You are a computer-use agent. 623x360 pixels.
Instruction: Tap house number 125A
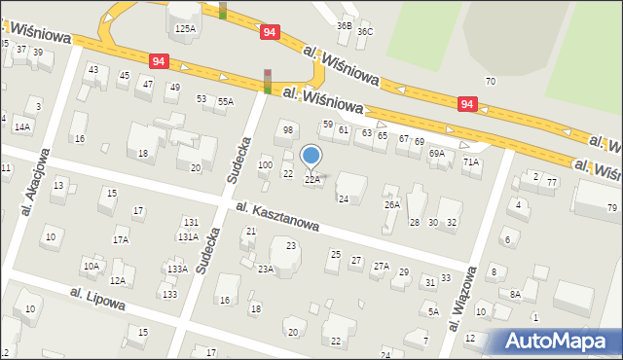pos(185,29)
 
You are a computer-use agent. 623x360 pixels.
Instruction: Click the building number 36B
pos(344,25)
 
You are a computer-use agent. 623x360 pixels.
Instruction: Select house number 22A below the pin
pos(312,180)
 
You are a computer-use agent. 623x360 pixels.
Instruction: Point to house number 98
pos(287,129)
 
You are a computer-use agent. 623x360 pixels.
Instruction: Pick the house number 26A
pos(391,204)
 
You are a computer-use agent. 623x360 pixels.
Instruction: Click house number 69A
pos(437,153)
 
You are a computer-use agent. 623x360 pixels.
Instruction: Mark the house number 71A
pos(471,162)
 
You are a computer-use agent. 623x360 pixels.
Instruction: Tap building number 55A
pos(226,101)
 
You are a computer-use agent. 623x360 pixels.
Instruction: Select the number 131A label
pos(188,236)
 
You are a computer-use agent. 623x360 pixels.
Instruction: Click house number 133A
pos(176,269)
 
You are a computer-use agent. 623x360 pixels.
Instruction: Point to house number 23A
pos(265,269)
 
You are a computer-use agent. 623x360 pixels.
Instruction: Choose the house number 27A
pos(382,266)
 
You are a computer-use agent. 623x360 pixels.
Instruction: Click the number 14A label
pos(22,126)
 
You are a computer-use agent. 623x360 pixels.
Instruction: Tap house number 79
pos(612,208)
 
